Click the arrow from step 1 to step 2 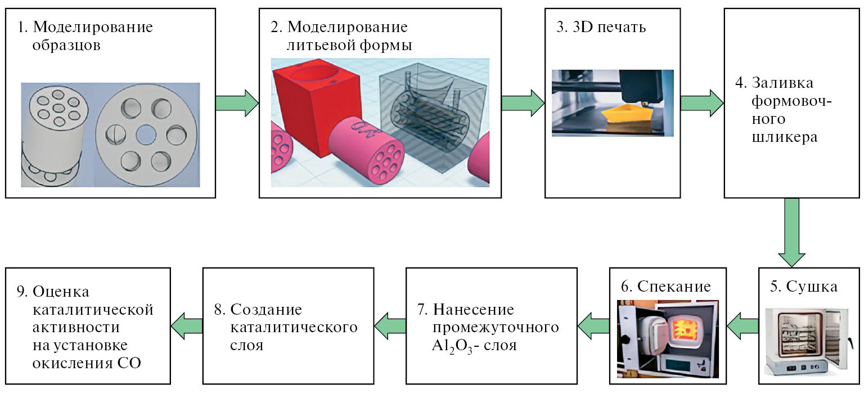pyautogui.click(x=236, y=102)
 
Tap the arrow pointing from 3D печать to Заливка pyautogui.click(x=701, y=102)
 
